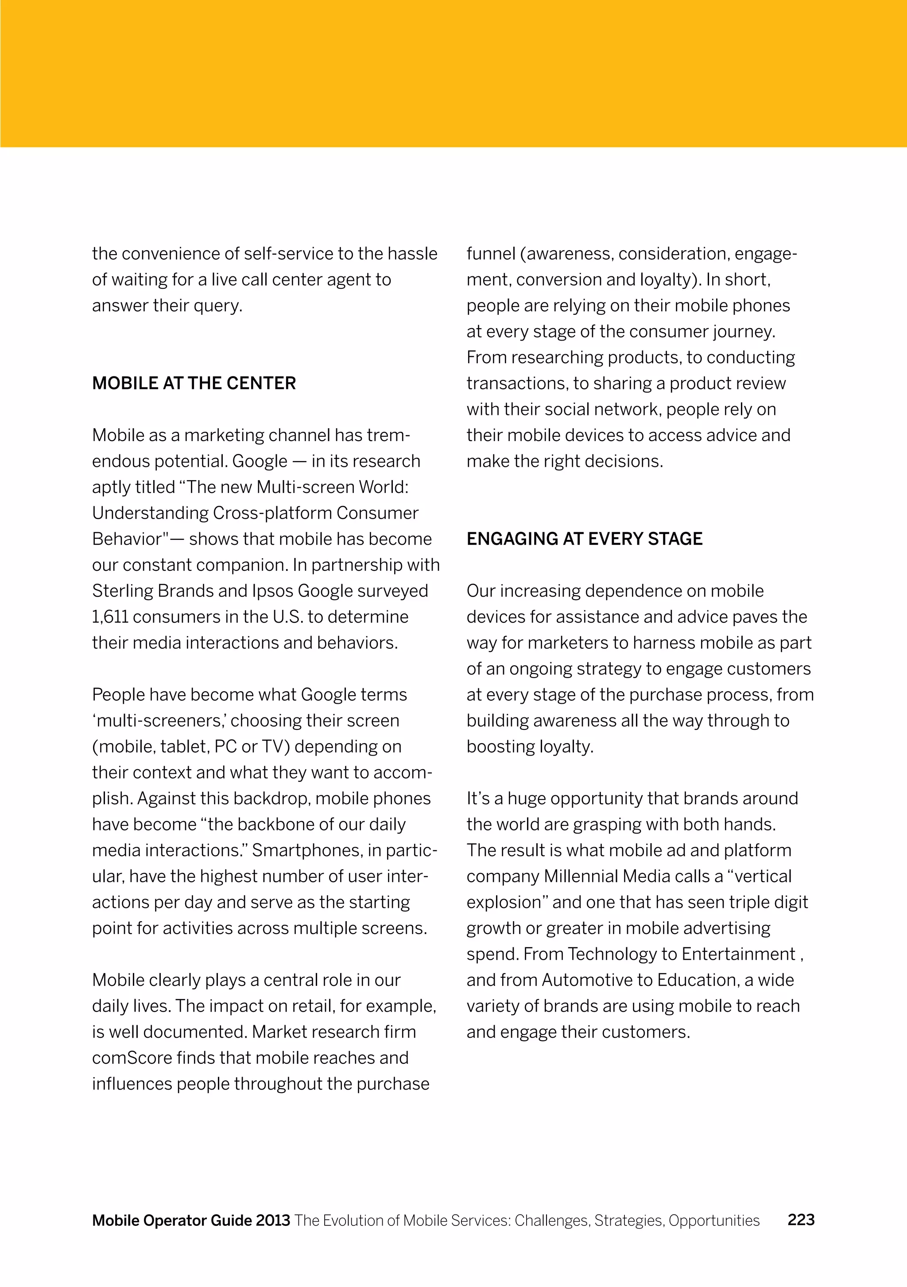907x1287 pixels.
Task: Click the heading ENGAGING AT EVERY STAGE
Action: [x=584, y=539]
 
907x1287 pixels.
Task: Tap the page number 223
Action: [x=801, y=1219]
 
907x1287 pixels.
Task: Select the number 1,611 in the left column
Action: [x=110, y=616]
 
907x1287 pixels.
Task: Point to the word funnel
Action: [x=491, y=254]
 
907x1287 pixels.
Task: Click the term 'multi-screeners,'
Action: [x=159, y=720]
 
